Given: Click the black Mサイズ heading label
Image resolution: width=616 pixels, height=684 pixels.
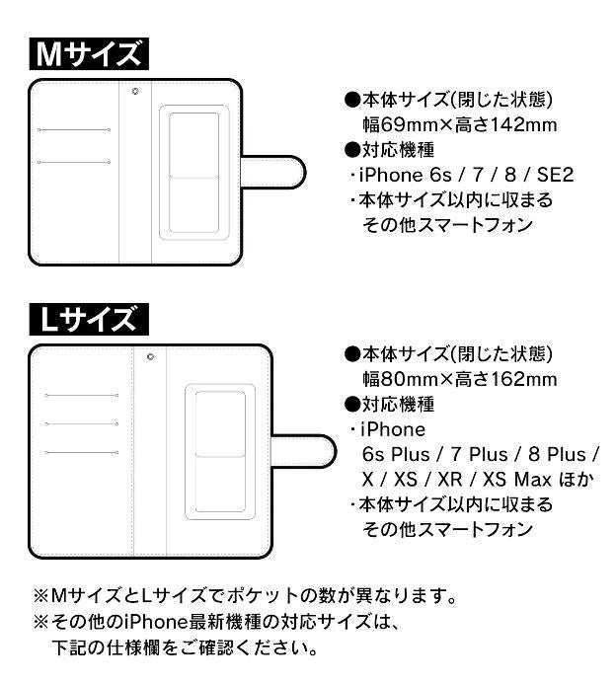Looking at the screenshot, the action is click(87, 54).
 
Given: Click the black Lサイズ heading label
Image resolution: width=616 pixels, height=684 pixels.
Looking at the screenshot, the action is click(87, 320).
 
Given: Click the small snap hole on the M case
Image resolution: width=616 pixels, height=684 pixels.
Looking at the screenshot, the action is click(135, 92).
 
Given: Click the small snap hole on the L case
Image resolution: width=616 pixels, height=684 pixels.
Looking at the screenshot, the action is click(150, 357).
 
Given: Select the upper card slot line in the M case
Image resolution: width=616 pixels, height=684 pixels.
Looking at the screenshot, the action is click(73, 130).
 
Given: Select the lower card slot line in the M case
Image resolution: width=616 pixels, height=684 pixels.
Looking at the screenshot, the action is click(73, 161).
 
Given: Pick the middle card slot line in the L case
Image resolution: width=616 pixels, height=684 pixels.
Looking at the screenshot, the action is click(82, 424).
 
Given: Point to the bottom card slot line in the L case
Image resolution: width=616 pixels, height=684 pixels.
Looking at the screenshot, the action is click(82, 453).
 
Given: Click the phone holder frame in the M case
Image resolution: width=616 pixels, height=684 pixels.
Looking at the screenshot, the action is click(193, 174).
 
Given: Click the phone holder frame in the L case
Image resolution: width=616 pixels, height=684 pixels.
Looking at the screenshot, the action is click(221, 451).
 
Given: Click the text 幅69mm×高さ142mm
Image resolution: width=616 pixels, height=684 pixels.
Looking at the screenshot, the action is click(460, 125).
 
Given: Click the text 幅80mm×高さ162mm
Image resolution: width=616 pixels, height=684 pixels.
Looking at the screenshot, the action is click(460, 379).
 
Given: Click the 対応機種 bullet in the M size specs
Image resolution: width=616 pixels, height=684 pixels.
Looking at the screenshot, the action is click(390, 150).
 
